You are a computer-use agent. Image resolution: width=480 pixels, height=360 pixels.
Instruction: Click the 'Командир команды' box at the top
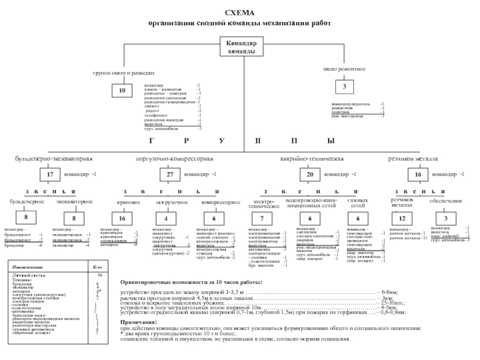pos(241,47)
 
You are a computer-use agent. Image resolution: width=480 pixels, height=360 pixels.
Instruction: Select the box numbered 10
pos(122,91)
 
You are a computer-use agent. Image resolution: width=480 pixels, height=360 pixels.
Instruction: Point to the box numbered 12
pos(403,219)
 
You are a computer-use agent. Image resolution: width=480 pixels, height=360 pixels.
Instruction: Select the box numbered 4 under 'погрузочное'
pos(166,219)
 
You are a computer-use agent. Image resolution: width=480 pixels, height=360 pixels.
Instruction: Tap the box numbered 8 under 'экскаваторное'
pos(73,219)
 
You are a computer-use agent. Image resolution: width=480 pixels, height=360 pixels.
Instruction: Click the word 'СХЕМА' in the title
pos(239,13)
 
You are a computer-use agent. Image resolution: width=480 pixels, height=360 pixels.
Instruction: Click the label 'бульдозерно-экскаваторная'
pos(53,159)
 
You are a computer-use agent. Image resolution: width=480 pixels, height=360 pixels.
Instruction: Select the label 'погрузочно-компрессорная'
pos(175,159)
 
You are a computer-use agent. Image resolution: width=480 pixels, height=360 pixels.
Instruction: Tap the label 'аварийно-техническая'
pos(312,159)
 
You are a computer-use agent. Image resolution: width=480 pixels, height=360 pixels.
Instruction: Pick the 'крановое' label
pos(128,202)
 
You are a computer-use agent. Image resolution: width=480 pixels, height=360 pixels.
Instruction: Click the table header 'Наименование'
pos(30,265)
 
